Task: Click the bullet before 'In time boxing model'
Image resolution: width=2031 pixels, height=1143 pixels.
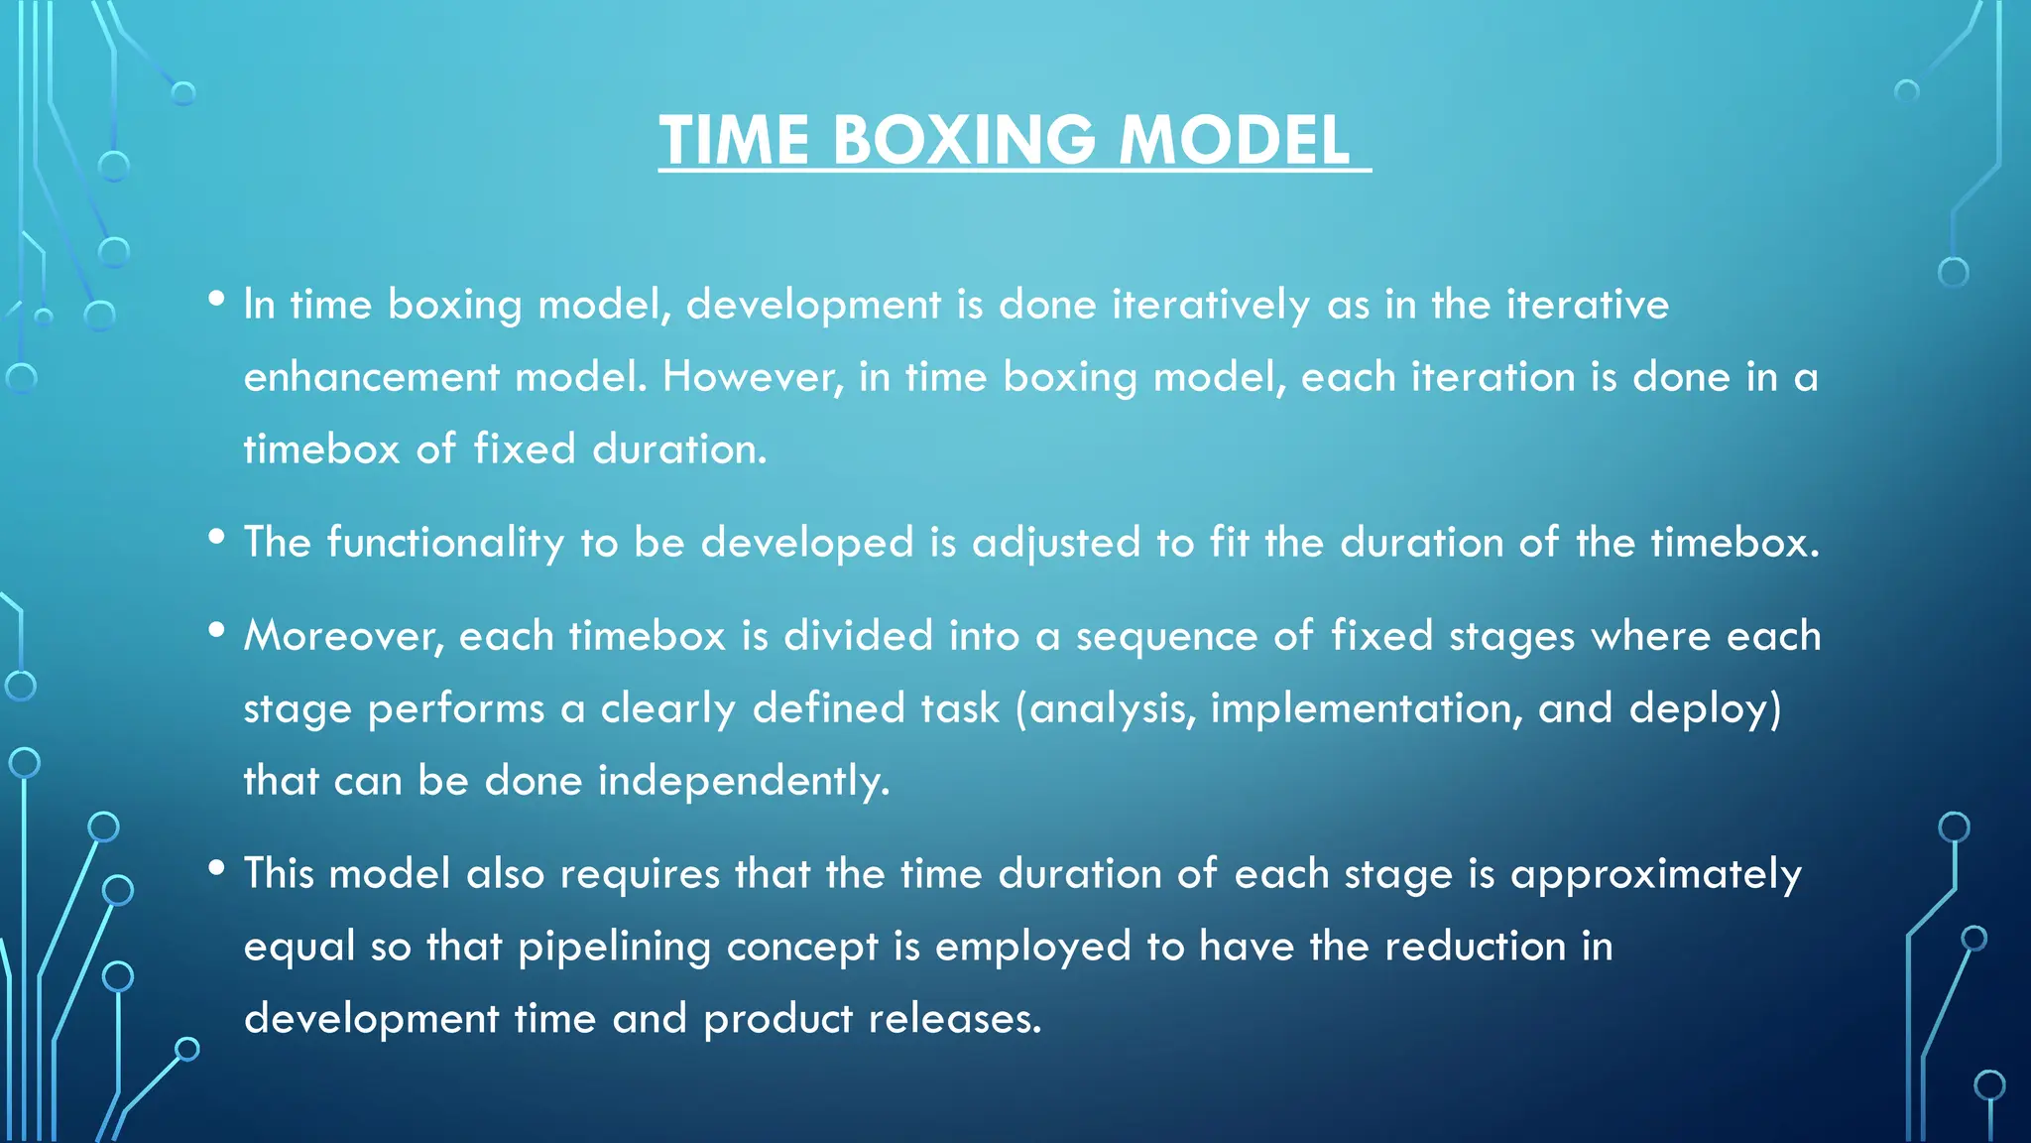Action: coord(216,299)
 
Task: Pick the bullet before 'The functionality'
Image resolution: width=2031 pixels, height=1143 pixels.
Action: coord(216,537)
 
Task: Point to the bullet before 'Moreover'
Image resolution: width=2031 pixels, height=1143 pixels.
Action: coord(216,630)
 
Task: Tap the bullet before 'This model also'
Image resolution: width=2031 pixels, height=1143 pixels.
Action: coord(216,868)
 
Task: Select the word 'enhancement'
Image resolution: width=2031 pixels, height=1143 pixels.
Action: coord(371,377)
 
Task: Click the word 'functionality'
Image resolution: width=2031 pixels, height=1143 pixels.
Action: coord(445,543)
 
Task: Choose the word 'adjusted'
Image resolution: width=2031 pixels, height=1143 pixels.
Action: coord(1056,543)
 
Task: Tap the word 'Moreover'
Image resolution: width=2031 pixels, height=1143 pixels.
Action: coord(343,636)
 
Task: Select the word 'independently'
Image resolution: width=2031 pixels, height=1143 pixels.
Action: coord(743,781)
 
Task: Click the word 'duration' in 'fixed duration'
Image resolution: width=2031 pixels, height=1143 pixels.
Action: coord(678,449)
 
